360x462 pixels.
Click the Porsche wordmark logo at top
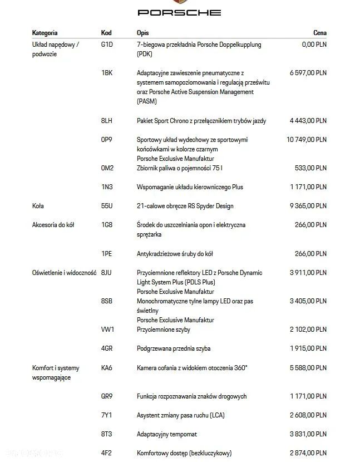point(179,12)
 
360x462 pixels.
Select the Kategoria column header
point(45,33)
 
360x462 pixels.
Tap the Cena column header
point(320,33)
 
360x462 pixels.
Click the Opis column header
point(142,33)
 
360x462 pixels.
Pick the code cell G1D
point(107,45)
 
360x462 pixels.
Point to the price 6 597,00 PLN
point(308,73)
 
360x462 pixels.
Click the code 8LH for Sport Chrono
point(107,121)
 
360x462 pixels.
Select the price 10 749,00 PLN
point(307,140)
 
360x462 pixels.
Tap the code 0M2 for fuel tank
point(107,168)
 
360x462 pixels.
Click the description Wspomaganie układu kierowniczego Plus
point(190,187)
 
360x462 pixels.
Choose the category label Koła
point(38,206)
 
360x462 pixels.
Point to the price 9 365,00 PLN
point(308,206)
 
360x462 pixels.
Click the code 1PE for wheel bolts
point(107,254)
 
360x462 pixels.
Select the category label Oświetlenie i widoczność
point(64,273)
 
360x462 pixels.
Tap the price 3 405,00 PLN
point(308,301)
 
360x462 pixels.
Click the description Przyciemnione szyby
point(163,330)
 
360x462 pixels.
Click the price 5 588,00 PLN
point(308,368)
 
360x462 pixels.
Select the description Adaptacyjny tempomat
point(167,434)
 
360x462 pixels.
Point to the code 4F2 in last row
point(107,453)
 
